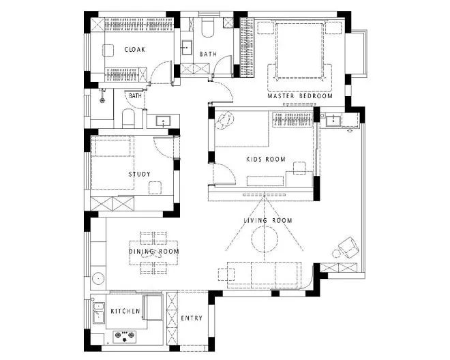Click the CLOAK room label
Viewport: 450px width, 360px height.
click(x=134, y=49)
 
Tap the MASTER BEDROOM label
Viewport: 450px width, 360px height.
click(x=300, y=96)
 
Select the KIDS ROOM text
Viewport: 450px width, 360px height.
click(x=266, y=159)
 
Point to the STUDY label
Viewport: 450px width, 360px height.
click(x=140, y=174)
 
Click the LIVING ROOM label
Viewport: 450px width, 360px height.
click(x=268, y=220)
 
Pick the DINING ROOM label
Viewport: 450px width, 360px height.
click(x=154, y=252)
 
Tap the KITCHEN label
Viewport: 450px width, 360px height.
click(x=125, y=311)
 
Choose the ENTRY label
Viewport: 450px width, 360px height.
click(x=192, y=318)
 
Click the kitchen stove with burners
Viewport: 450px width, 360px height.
click(x=125, y=336)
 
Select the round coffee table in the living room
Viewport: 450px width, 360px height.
click(x=265, y=239)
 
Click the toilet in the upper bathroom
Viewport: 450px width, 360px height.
click(x=207, y=27)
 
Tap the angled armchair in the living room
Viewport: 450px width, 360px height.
click(x=348, y=247)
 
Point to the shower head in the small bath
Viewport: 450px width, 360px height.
click(x=102, y=95)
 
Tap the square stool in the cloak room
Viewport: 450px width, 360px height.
click(x=108, y=50)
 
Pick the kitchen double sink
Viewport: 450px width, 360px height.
click(x=98, y=313)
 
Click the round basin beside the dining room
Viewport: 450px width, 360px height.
click(x=98, y=278)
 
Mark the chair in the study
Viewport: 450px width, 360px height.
click(x=155, y=187)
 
